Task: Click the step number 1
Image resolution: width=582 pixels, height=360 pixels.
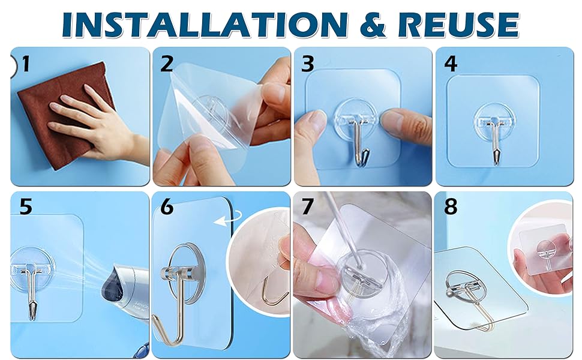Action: pyautogui.click(x=25, y=64)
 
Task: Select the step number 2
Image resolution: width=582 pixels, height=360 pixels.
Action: pyautogui.click(x=167, y=64)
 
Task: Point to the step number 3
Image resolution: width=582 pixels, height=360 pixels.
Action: pyautogui.click(x=308, y=64)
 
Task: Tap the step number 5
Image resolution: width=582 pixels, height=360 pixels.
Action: pyautogui.click(x=26, y=207)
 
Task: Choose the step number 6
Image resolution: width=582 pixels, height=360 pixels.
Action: pyautogui.click(x=167, y=207)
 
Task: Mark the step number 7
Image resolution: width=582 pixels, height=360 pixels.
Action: pyautogui.click(x=308, y=207)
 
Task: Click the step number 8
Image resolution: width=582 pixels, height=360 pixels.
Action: pyautogui.click(x=451, y=207)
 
